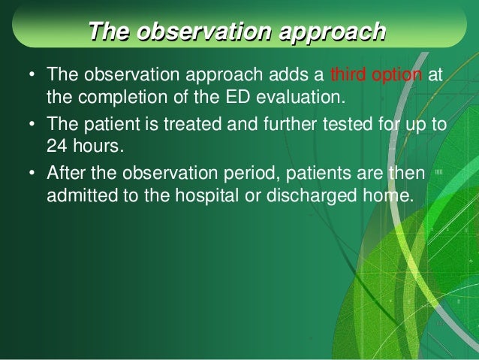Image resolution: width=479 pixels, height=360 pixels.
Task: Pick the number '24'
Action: [56, 147]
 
